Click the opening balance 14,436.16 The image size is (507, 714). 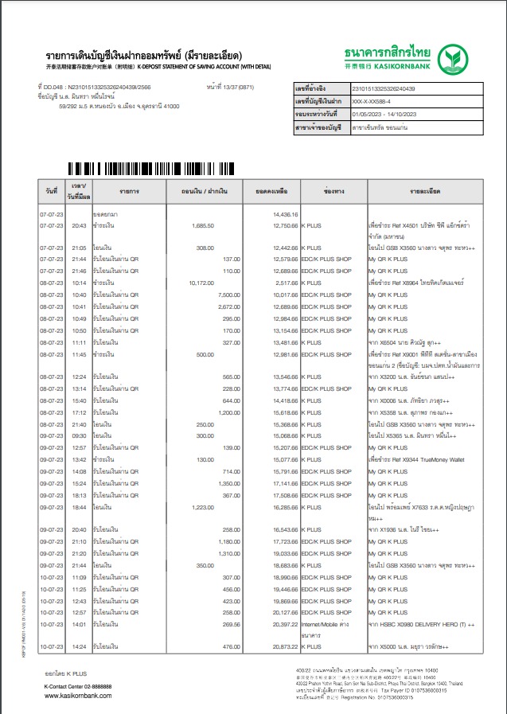(284, 215)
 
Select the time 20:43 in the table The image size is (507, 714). (79, 226)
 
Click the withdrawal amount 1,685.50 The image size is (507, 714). (202, 226)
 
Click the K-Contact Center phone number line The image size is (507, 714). (78, 686)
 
